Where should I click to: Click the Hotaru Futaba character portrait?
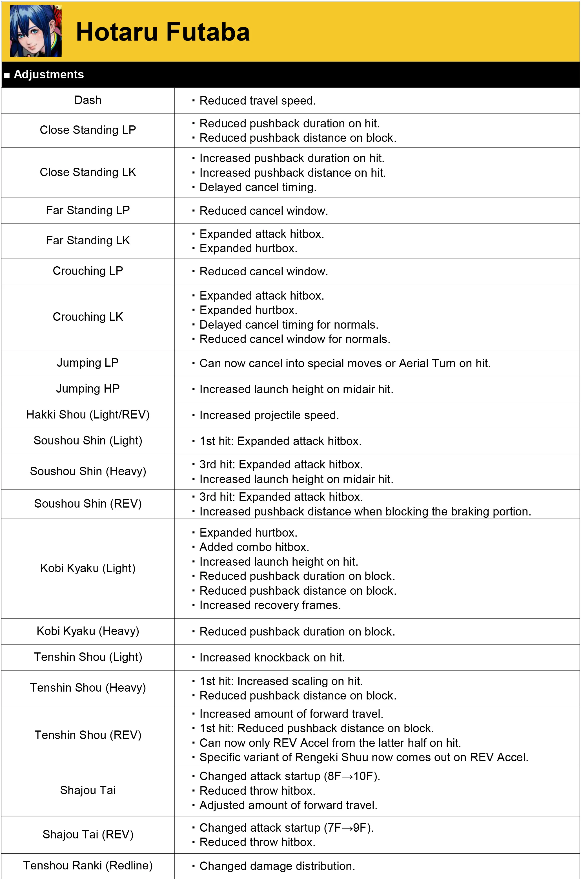click(36, 31)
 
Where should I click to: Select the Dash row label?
click(88, 100)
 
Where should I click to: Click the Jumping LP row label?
click(88, 362)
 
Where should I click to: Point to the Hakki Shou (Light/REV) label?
click(88, 414)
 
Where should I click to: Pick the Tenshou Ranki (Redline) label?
click(88, 865)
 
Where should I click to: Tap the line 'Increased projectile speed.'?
click(269, 415)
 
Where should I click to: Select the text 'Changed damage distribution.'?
click(277, 866)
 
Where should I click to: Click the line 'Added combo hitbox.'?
click(254, 547)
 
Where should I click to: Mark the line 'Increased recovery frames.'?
click(270, 605)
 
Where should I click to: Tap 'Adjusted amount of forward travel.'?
click(288, 805)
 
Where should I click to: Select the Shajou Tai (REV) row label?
click(88, 834)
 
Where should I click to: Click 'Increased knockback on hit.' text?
click(272, 657)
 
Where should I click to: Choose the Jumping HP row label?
click(88, 388)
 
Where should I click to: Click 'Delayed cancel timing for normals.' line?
click(289, 325)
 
